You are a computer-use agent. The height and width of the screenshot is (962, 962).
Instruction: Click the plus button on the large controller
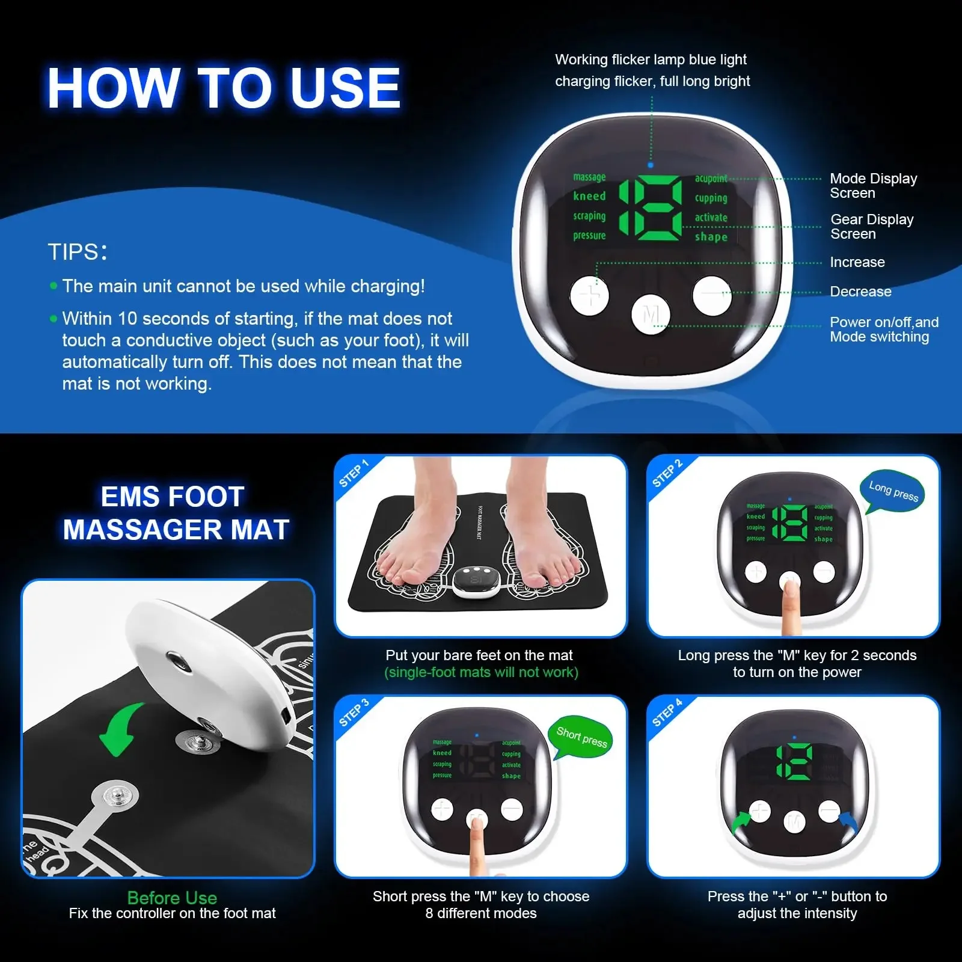click(x=589, y=296)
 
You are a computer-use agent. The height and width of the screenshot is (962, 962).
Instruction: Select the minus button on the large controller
click(x=712, y=295)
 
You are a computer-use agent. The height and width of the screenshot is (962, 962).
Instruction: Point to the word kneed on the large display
click(x=589, y=196)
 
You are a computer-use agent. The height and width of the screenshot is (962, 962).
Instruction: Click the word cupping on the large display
click(x=711, y=198)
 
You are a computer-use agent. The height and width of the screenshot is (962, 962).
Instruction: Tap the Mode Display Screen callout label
click(x=873, y=186)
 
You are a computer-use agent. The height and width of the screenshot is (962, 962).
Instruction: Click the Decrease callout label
click(x=860, y=292)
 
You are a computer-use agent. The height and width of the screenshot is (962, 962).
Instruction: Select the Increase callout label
click(x=857, y=262)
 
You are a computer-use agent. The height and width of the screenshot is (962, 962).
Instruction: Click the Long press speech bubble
click(x=893, y=491)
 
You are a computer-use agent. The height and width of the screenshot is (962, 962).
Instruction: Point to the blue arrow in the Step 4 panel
click(x=848, y=821)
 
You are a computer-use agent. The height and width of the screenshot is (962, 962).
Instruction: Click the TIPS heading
click(x=78, y=252)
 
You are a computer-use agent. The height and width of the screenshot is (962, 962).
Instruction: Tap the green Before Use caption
click(x=172, y=898)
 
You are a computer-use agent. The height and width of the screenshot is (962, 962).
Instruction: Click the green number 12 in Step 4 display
click(x=794, y=762)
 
